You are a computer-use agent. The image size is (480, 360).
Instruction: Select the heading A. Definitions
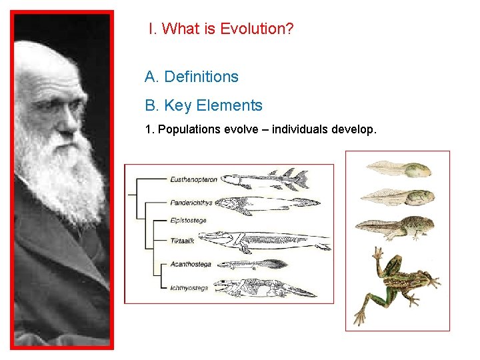[x=191, y=77]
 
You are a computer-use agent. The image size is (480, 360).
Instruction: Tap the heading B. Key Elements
[x=203, y=105]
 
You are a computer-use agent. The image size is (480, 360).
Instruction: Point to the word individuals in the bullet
[x=296, y=129]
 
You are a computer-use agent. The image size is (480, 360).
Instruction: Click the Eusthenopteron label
[x=193, y=179]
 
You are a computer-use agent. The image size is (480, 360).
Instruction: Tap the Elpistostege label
[x=189, y=220]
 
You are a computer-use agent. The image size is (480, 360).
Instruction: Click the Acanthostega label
[x=191, y=264]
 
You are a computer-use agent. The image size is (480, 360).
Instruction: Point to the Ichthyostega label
[x=189, y=288]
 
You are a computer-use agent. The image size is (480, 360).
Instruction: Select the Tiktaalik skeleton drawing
[x=267, y=241]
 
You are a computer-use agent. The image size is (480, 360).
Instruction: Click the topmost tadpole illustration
[x=397, y=168]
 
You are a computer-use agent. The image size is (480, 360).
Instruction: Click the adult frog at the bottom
[x=396, y=283]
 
